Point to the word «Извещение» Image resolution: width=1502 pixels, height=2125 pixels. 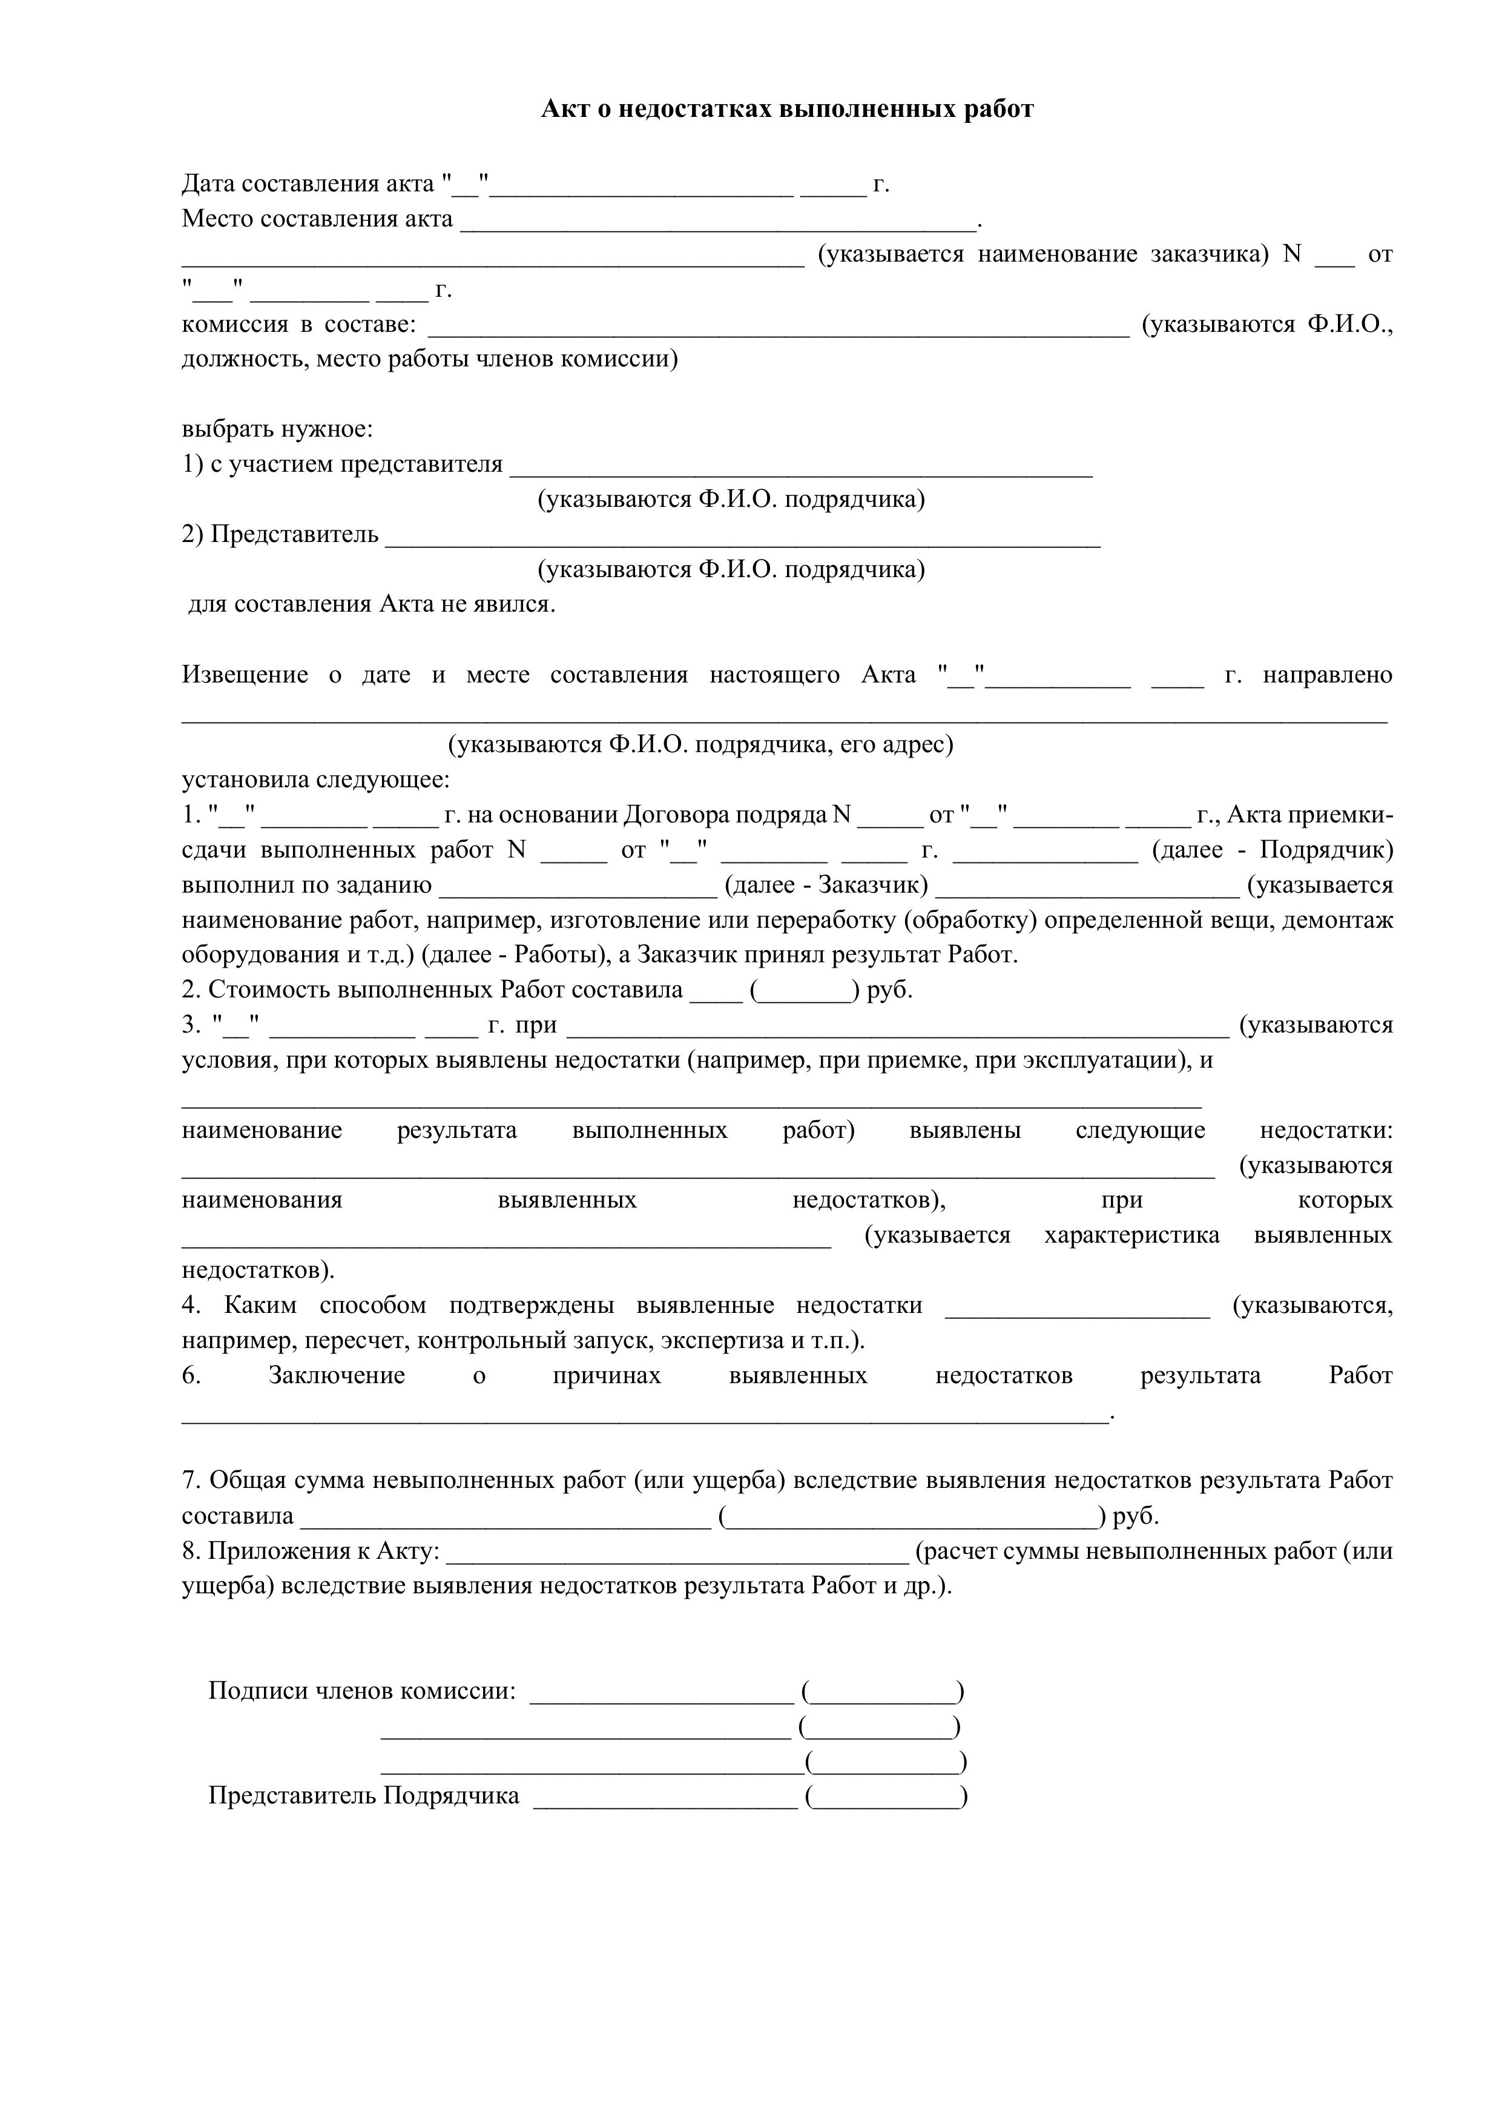[245, 675]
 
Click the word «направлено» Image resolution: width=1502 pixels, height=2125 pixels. [1327, 675]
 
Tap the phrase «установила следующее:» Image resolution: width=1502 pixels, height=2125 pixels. [315, 779]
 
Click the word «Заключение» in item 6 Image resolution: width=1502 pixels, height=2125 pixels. [337, 1375]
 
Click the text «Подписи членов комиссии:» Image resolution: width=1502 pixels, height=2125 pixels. [362, 1691]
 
